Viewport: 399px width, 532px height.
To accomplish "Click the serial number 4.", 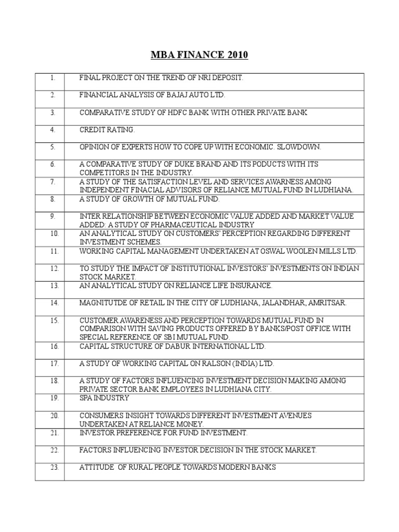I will point(52,130).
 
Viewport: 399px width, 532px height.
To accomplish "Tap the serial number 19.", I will point(52,398).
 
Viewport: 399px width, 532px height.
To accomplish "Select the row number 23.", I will point(52,467).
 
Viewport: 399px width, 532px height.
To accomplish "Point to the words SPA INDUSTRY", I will point(104,398).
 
